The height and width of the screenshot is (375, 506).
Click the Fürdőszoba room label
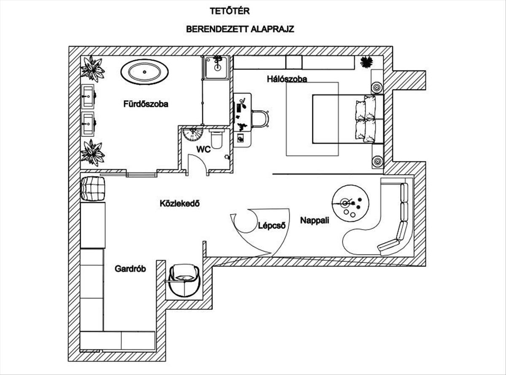(146, 104)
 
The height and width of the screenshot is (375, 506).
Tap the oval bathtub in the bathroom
(144, 72)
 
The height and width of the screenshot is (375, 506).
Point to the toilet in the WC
(217, 139)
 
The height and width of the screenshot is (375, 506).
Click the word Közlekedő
(179, 204)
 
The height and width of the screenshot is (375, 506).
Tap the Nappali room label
(315, 220)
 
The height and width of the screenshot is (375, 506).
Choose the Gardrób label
(130, 268)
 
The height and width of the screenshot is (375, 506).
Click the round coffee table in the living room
(350, 204)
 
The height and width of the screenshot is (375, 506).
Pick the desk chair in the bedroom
(260, 118)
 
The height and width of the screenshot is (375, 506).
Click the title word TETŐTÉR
(230, 11)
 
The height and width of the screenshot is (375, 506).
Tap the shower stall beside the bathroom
(216, 67)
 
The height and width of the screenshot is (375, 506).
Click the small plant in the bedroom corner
(366, 62)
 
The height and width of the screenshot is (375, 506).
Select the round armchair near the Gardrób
(184, 280)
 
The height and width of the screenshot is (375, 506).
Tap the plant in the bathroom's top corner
(92, 68)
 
